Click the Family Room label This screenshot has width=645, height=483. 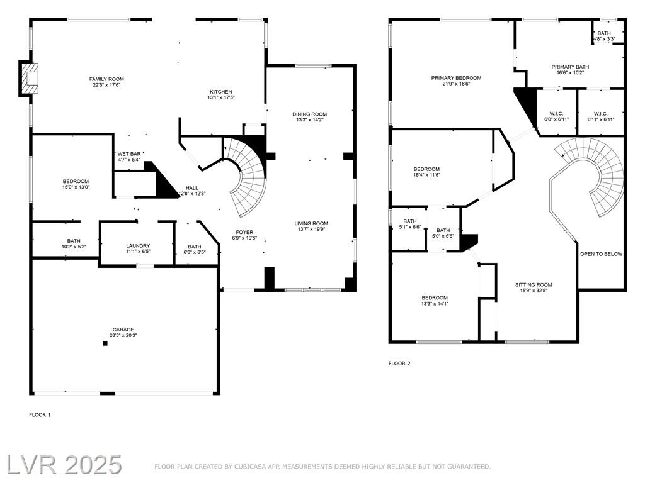(x=106, y=79)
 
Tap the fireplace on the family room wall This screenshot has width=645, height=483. (x=30, y=78)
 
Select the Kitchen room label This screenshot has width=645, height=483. (x=221, y=92)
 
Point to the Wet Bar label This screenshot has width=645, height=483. (x=129, y=154)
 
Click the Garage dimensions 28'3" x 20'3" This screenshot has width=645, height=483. (x=123, y=335)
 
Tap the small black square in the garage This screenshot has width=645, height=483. (x=105, y=343)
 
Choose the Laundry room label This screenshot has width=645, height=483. (x=138, y=246)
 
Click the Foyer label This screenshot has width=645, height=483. (x=244, y=232)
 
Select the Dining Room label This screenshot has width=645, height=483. (x=310, y=114)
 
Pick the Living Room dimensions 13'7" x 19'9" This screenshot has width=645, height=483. (x=311, y=229)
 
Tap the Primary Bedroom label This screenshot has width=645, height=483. (x=456, y=78)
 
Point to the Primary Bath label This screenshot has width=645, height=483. (x=570, y=67)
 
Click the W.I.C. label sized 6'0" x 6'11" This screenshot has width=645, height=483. (x=556, y=114)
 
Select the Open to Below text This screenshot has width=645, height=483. (x=602, y=254)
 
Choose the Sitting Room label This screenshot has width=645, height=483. (x=534, y=285)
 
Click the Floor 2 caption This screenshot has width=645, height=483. (x=399, y=364)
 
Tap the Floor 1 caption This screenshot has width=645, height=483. (x=40, y=415)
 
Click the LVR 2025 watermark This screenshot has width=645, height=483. (x=64, y=465)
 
